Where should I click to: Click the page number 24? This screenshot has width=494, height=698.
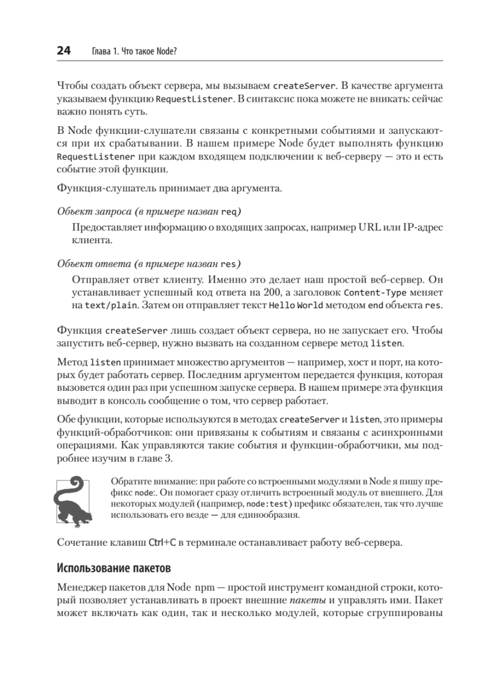[64, 51]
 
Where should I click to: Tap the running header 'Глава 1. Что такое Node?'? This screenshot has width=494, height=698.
[134, 52]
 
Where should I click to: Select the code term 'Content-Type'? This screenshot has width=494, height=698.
[371, 293]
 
